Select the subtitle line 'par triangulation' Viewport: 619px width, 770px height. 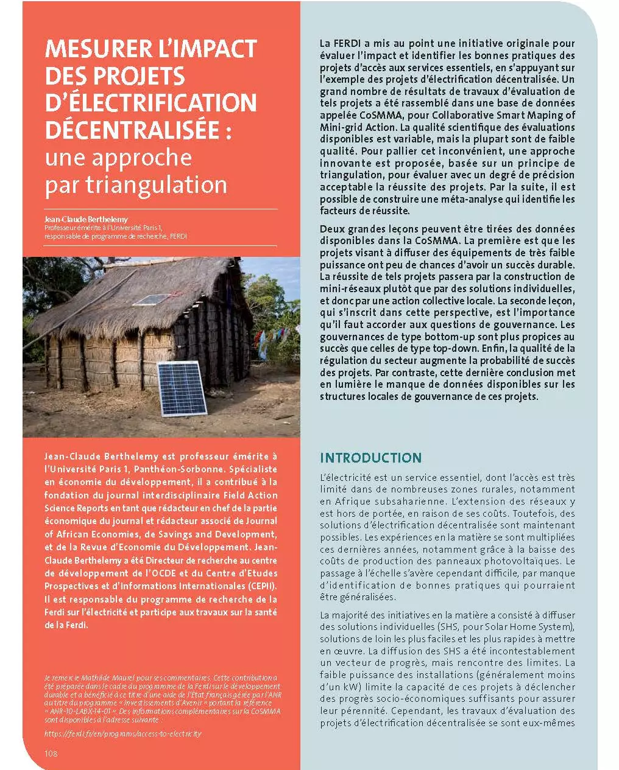pos(135,184)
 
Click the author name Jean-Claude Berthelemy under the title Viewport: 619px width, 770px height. pos(86,219)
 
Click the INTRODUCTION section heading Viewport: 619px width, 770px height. pos(370,458)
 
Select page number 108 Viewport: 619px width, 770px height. pos(51,754)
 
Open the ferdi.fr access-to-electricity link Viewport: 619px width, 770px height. pos(122,733)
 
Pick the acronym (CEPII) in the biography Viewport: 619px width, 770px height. pos(260,586)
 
